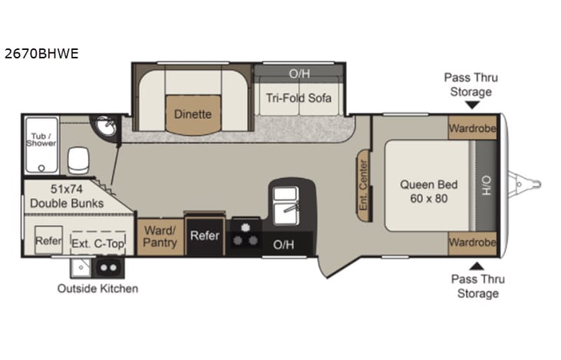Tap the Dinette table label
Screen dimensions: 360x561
tap(192, 114)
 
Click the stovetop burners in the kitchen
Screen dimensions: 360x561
tap(246, 235)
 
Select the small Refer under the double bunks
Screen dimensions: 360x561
tap(48, 240)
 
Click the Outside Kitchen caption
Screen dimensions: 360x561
tap(97, 289)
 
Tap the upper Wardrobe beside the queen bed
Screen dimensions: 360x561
tap(472, 127)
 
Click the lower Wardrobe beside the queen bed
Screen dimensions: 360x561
tap(472, 242)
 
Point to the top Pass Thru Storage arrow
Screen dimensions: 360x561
tap(471, 104)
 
